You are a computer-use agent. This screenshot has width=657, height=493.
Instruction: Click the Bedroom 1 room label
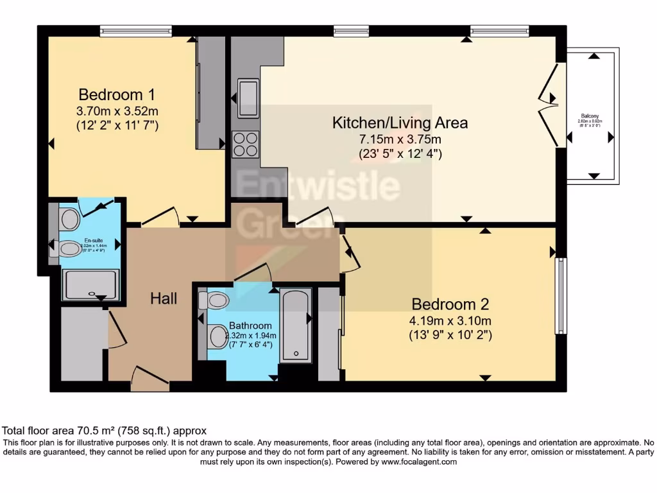(x=117, y=94)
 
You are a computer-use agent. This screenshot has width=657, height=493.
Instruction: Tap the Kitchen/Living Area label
(x=400, y=122)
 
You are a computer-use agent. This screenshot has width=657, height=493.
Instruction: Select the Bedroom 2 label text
(x=450, y=304)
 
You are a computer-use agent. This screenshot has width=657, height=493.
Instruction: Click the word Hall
(x=164, y=298)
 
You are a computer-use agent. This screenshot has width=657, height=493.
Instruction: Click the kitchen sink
(x=248, y=98)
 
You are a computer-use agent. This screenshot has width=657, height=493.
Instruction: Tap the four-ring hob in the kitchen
(x=245, y=144)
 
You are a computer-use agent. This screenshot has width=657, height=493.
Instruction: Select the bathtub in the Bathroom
(x=296, y=324)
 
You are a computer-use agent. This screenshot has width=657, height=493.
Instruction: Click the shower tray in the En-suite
(x=90, y=284)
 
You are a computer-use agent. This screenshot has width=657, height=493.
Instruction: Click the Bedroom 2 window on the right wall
(x=561, y=296)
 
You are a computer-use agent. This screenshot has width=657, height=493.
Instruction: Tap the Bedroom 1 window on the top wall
(x=136, y=30)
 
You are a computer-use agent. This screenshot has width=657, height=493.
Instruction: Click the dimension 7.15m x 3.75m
(x=400, y=139)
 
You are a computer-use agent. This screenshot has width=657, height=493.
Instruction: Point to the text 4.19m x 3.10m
(x=450, y=320)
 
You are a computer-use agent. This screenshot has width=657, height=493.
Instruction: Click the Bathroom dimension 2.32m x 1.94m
(x=251, y=335)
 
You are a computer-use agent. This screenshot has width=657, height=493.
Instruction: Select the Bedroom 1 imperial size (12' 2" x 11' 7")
(x=117, y=125)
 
